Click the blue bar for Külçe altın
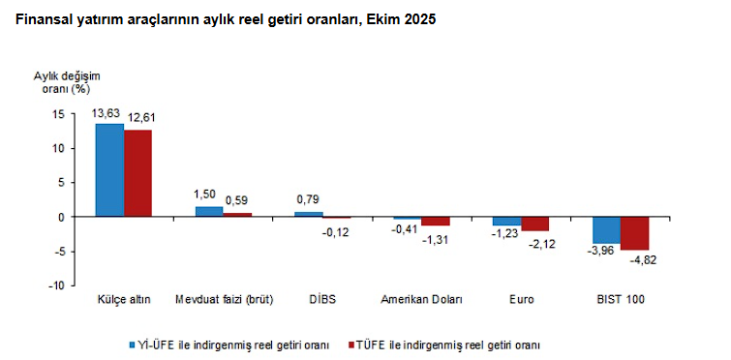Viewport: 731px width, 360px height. click(x=109, y=170)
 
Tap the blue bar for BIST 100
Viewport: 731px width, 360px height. click(x=606, y=230)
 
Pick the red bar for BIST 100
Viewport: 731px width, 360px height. click(x=634, y=233)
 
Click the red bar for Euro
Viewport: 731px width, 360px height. click(x=534, y=224)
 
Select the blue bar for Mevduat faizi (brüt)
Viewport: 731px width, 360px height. click(x=209, y=211)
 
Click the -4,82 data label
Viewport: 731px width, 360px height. click(x=644, y=260)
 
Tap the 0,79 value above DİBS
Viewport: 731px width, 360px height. click(x=309, y=200)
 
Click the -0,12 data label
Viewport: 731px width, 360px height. click(x=335, y=232)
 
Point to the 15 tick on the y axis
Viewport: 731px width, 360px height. click(x=58, y=114)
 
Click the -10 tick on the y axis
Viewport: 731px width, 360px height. click(x=56, y=285)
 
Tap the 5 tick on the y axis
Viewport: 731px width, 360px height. click(x=61, y=183)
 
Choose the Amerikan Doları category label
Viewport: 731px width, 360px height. click(x=421, y=300)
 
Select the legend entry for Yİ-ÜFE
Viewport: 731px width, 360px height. click(x=233, y=344)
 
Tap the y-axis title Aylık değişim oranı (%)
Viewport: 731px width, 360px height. click(x=66, y=82)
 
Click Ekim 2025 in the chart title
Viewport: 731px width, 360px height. click(x=397, y=19)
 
